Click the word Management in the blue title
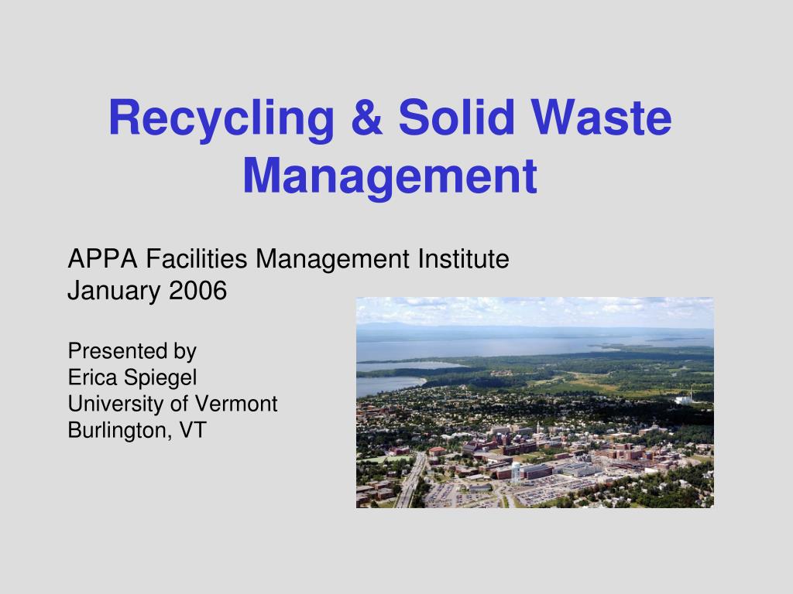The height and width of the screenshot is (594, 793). click(x=390, y=176)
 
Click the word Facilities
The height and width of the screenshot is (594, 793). click(x=197, y=258)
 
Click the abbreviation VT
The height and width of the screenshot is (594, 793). click(x=193, y=430)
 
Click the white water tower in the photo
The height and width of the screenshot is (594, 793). click(x=516, y=472)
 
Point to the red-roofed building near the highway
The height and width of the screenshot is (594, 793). click(x=438, y=451)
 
